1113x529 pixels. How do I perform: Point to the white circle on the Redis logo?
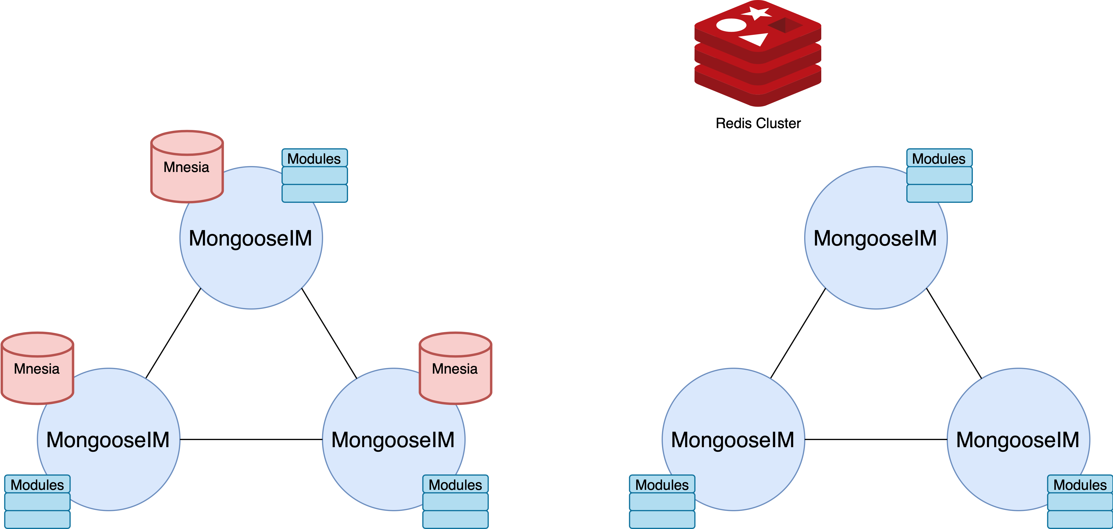click(x=731, y=25)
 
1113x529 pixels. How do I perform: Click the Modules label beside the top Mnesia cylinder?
click(x=314, y=159)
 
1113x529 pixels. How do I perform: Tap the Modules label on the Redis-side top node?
click(x=939, y=159)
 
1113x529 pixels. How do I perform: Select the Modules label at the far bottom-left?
click(x=37, y=485)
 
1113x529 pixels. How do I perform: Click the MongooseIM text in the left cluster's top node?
click(x=251, y=238)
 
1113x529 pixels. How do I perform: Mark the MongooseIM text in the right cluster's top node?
click(x=875, y=238)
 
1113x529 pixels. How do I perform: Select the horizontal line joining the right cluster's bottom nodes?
click(x=876, y=439)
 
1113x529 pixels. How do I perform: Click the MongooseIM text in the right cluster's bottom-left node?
click(x=733, y=440)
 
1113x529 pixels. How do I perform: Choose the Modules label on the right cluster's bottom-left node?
click(x=662, y=485)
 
